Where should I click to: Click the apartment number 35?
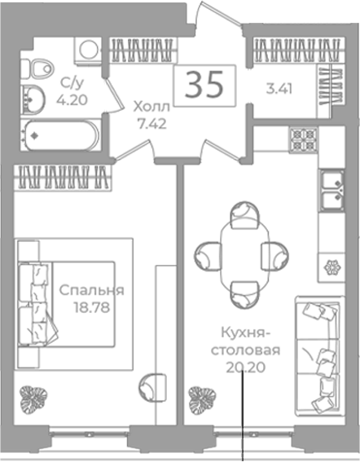coord(204,85)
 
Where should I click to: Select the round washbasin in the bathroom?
coord(33,99)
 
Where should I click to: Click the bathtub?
coord(61,135)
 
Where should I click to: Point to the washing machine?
coord(88,50)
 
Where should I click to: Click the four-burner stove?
coord(304,139)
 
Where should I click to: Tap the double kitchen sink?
coord(332,191)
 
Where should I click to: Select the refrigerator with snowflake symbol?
coord(331,267)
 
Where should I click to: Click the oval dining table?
coord(245,256)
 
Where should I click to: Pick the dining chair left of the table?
coord(208,256)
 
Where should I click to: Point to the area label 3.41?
coord(279,89)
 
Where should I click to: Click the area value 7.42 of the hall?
coord(152,124)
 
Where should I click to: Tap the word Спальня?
coord(91,291)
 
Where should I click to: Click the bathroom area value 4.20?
coord(72,100)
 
